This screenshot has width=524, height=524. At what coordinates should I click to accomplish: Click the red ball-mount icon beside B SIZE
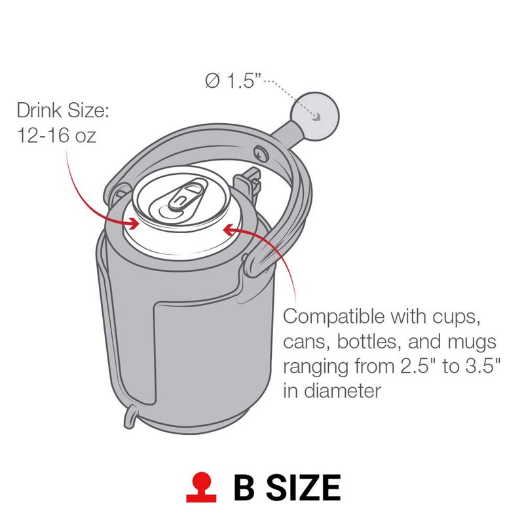pyautogui.click(x=200, y=488)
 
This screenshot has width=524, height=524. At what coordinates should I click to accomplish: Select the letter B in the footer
pyautogui.click(x=246, y=488)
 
